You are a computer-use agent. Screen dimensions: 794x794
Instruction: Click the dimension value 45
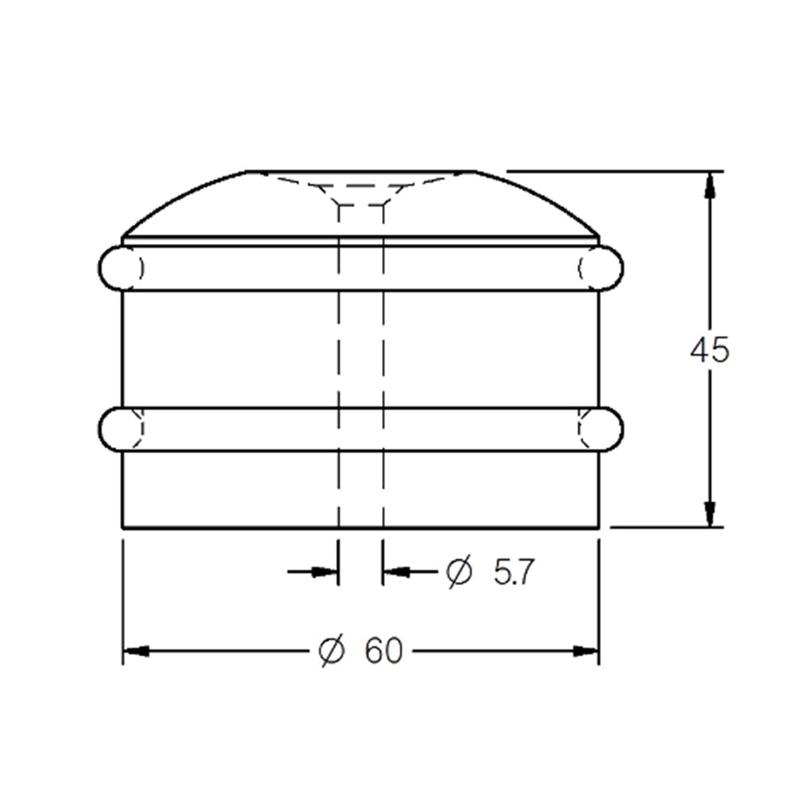pyautogui.click(x=709, y=349)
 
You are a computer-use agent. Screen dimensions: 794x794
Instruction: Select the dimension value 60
pyautogui.click(x=384, y=650)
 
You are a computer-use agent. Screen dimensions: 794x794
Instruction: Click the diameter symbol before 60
pyautogui.click(x=332, y=650)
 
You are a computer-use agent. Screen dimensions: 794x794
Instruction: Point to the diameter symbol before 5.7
pyautogui.click(x=459, y=572)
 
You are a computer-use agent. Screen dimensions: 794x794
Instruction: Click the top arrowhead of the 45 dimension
pyautogui.click(x=710, y=184)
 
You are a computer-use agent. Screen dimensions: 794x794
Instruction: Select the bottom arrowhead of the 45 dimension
pyautogui.click(x=710, y=515)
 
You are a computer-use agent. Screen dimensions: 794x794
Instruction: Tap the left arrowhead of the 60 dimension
pyautogui.click(x=137, y=651)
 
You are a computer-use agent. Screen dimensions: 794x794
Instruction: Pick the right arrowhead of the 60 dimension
pyautogui.click(x=586, y=651)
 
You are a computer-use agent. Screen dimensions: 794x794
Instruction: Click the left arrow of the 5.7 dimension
pyautogui.click(x=312, y=572)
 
